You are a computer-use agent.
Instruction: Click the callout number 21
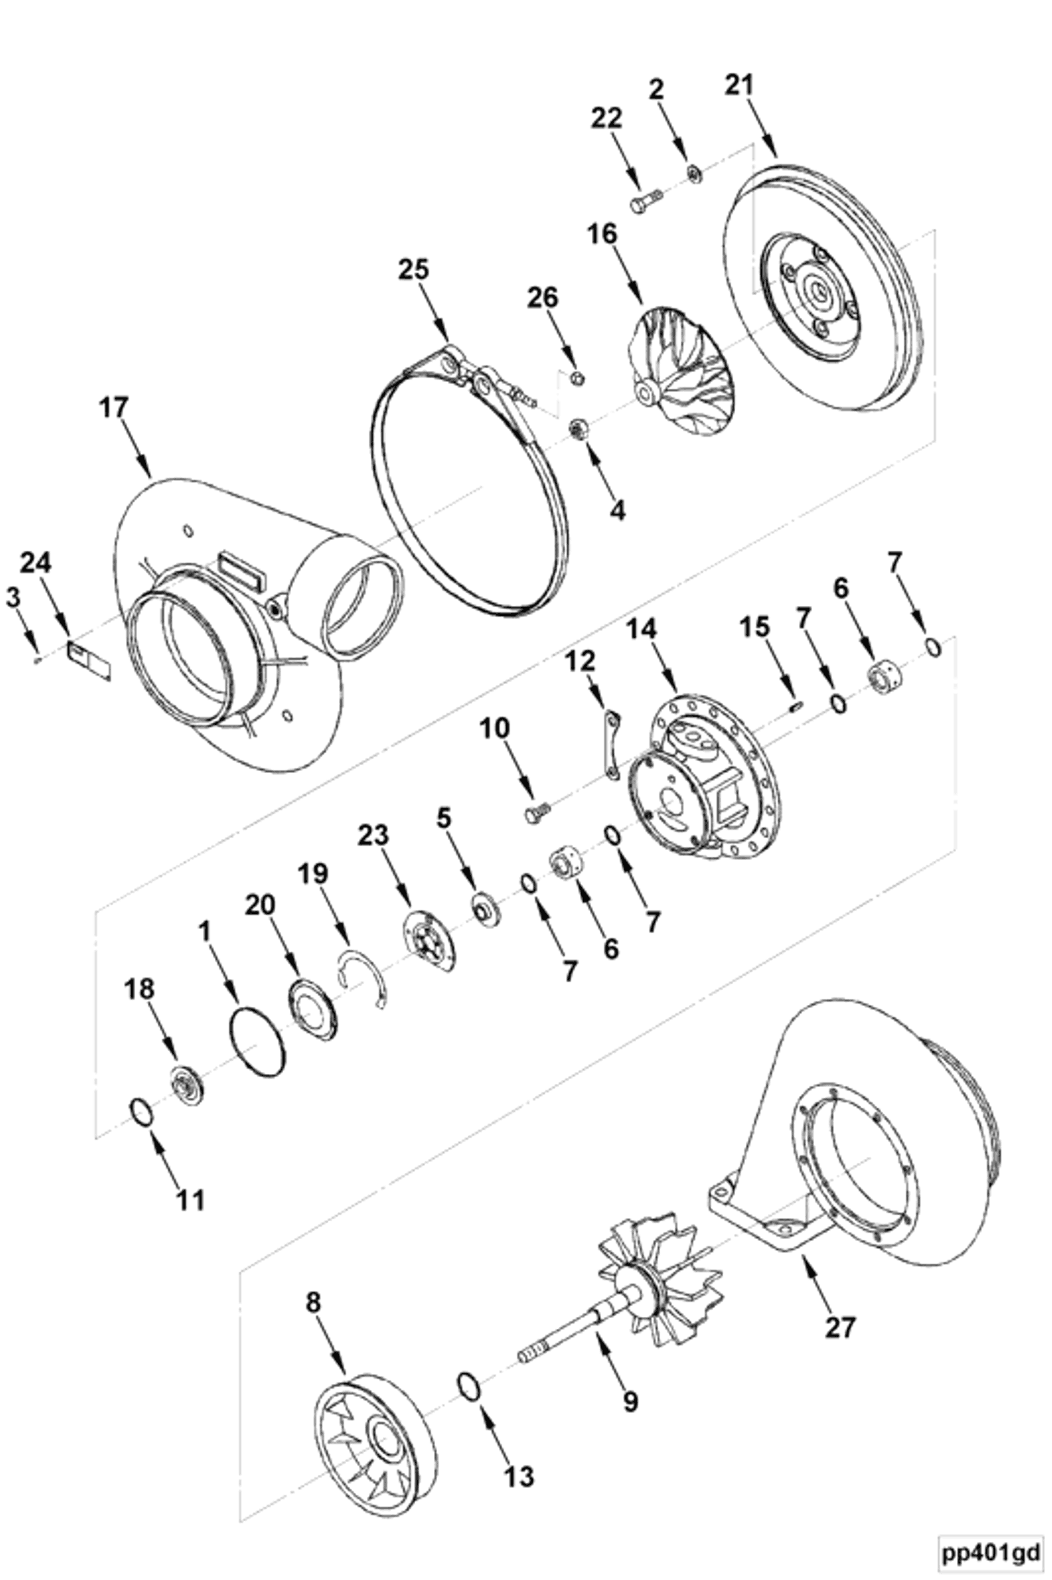(x=740, y=85)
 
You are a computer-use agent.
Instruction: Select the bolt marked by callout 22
(x=646, y=201)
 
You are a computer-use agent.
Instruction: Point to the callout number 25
(x=413, y=269)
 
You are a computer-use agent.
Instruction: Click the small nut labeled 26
(x=576, y=378)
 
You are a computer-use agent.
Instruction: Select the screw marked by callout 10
(x=536, y=813)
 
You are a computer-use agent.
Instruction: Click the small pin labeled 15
(x=797, y=706)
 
